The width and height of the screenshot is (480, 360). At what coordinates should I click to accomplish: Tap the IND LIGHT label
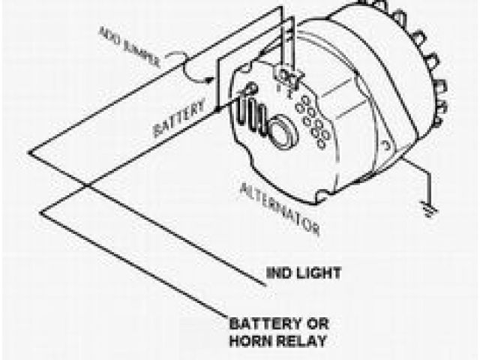tap(304, 273)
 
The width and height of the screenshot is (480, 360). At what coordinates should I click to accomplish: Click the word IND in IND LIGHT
tap(279, 273)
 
